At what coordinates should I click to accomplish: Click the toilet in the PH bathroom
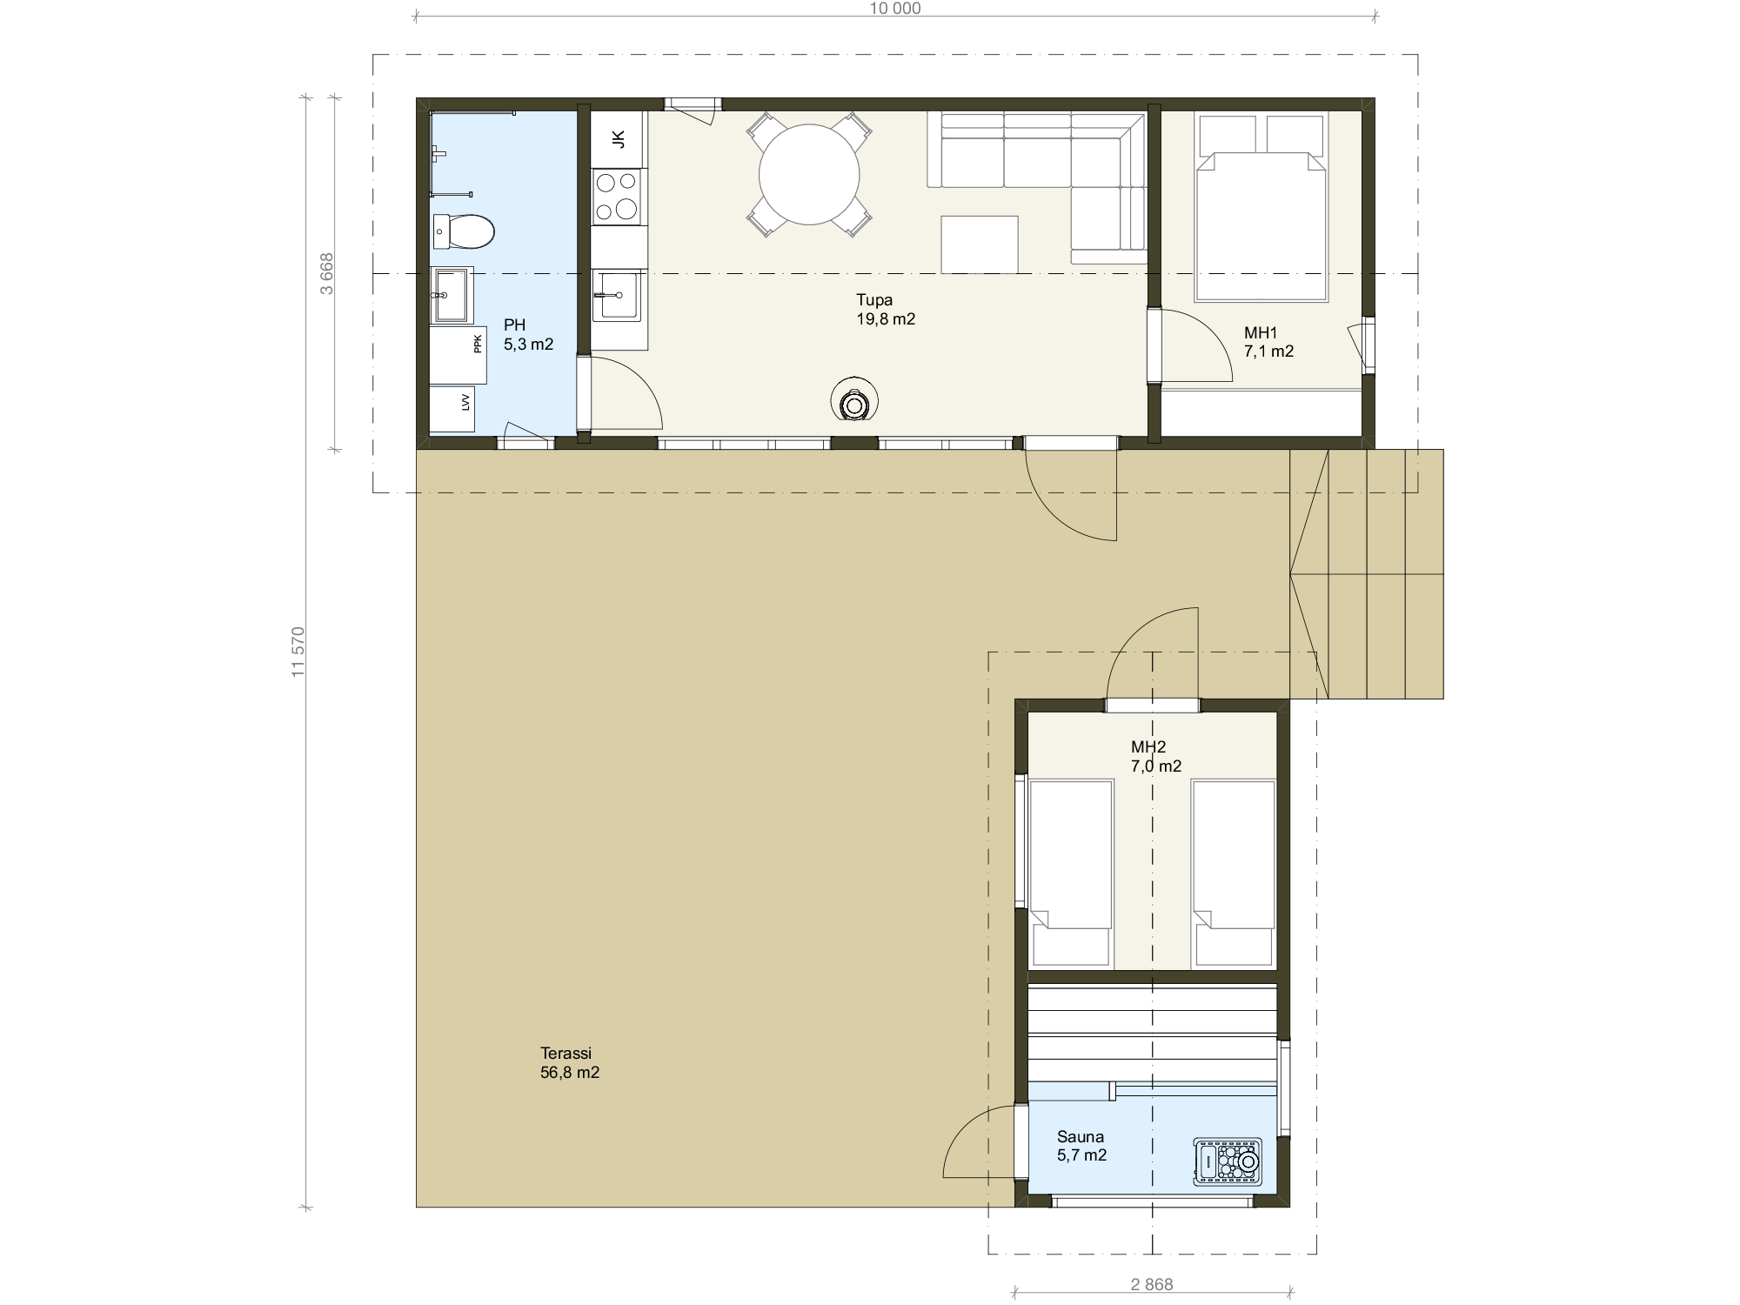coord(464,231)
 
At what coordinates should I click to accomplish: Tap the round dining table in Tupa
coord(809,175)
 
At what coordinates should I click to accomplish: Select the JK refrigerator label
coord(619,139)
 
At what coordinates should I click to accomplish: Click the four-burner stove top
coord(617,196)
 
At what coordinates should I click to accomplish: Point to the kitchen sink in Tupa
coord(618,295)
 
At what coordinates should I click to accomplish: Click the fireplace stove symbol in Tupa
coord(854,402)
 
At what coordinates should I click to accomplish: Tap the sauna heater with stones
coord(1228,1161)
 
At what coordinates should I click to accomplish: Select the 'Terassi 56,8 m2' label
coord(570,1063)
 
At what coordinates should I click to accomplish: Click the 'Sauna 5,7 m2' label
coord(1081,1146)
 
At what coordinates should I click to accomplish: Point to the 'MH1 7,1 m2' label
coord(1268,342)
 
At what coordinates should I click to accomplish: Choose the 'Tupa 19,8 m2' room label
coord(886,310)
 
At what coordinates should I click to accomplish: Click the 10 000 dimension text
coord(895,9)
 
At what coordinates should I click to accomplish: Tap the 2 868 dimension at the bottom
coord(1152,1284)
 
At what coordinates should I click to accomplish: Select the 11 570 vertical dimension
coord(298,652)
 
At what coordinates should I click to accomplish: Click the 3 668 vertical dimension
coord(326,273)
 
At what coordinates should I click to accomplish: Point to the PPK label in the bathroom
coord(478,344)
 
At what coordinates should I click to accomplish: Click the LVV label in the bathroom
coord(465,402)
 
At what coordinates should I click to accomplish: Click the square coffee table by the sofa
coord(979,244)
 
